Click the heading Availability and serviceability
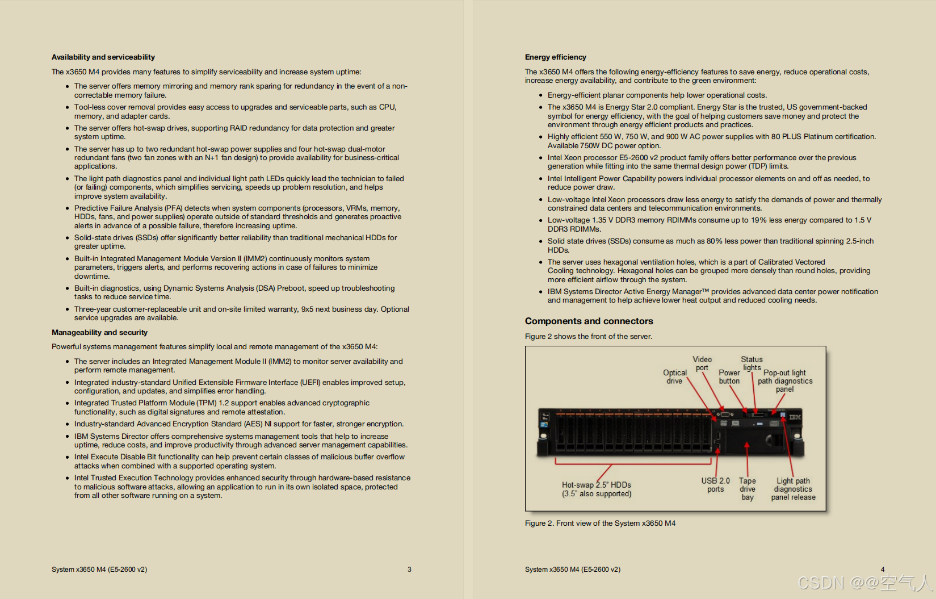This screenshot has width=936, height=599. [103, 57]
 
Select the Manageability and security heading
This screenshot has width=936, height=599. [99, 333]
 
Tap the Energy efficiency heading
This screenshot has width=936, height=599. [555, 57]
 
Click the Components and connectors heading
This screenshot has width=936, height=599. [589, 321]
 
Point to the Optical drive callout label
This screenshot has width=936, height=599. [674, 377]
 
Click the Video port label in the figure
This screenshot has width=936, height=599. [702, 363]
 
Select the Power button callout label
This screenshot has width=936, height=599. [729, 377]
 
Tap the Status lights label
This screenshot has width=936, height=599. [752, 363]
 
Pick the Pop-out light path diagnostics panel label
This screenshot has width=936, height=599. [785, 381]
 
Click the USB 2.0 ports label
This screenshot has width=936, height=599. [715, 485]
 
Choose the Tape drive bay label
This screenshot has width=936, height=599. [748, 489]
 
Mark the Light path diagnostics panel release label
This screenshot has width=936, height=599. [793, 489]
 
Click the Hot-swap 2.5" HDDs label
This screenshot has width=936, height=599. [596, 489]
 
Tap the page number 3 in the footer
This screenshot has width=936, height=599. [409, 569]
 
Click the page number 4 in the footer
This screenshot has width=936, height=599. [883, 569]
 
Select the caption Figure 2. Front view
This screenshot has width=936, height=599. [600, 523]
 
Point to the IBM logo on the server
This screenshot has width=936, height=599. [795, 417]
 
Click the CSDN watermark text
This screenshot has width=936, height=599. [863, 583]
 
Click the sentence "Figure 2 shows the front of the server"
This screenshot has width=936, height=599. [588, 337]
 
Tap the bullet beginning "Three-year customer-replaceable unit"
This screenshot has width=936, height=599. [241, 313]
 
